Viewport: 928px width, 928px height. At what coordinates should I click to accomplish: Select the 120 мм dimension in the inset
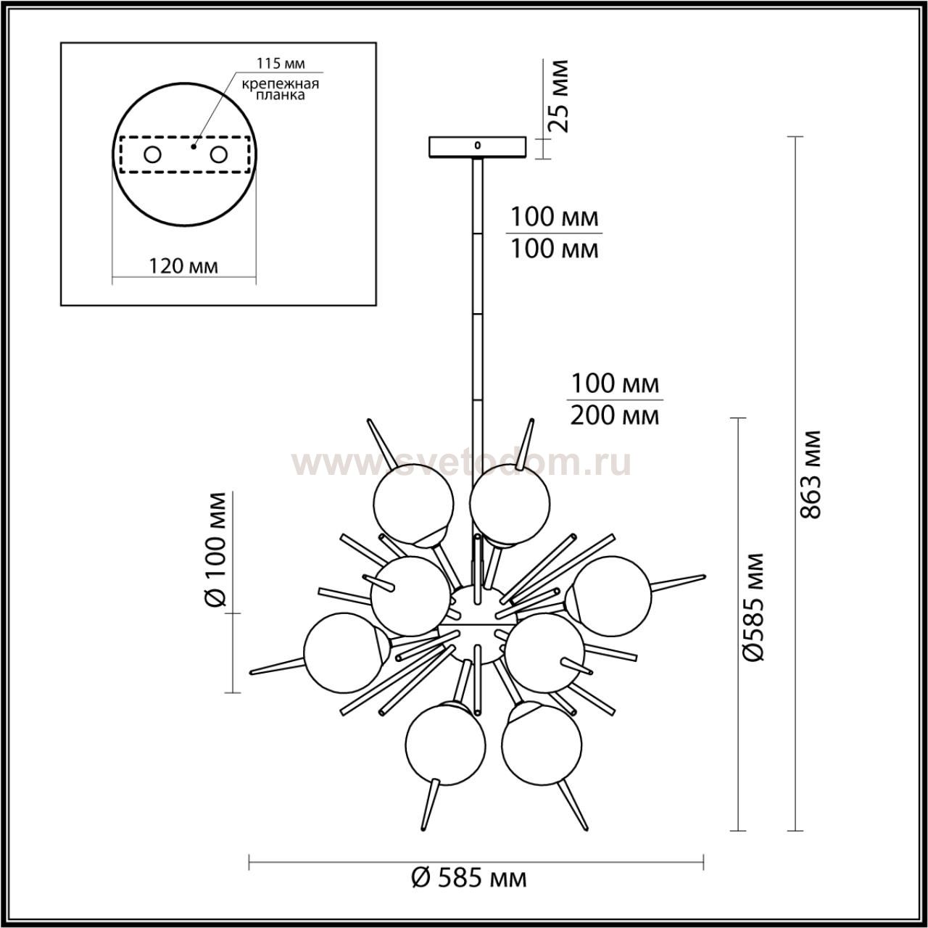[x=183, y=265]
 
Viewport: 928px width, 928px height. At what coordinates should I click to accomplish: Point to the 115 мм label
[x=281, y=63]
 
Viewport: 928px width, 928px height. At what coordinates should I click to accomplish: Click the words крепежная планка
[x=281, y=89]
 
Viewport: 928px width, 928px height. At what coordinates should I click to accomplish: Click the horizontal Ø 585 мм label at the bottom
[x=469, y=879]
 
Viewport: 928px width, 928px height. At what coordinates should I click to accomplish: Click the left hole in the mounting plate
[x=153, y=155]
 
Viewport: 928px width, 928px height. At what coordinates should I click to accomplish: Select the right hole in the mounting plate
[x=218, y=155]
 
